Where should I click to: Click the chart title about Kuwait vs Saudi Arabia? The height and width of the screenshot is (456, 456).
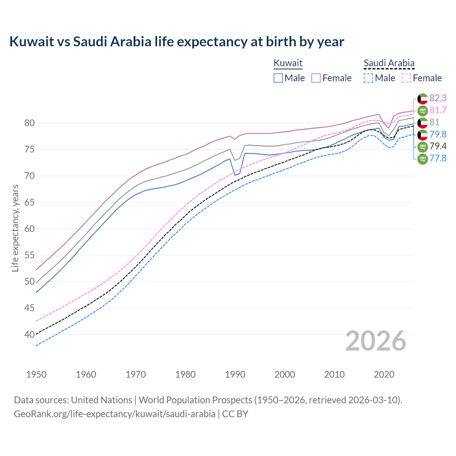tap(177, 42)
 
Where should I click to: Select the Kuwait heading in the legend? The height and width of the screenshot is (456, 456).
tap(288, 63)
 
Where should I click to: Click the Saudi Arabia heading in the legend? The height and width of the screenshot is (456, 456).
tap(389, 63)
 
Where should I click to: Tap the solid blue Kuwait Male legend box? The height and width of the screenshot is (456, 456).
tap(278, 78)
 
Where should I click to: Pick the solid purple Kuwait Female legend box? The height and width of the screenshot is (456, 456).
tap(316, 78)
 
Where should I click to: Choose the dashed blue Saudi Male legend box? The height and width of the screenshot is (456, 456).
tap(369, 78)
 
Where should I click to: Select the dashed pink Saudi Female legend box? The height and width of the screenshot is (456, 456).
tap(406, 78)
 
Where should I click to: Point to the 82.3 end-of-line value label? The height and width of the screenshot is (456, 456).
tap(438, 98)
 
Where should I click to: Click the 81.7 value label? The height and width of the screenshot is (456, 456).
tap(438, 110)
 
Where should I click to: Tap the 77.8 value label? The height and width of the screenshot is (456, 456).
tap(438, 158)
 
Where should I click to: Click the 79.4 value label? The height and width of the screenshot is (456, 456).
tap(438, 146)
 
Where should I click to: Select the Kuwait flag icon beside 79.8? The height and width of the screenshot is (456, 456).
tap(423, 134)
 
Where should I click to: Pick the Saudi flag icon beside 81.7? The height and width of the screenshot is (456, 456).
tap(423, 110)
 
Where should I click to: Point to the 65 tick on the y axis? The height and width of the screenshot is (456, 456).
tap(30, 202)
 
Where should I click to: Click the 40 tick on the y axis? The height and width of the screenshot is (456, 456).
tap(30, 335)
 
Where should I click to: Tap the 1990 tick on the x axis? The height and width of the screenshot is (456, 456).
tap(235, 374)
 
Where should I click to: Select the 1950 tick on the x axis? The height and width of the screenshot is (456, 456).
tap(36, 374)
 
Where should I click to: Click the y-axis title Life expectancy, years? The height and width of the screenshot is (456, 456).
tap(15, 228)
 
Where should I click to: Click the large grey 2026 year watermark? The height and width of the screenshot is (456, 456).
tap(375, 341)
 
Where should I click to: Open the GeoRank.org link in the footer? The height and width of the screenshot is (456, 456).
tap(114, 414)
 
